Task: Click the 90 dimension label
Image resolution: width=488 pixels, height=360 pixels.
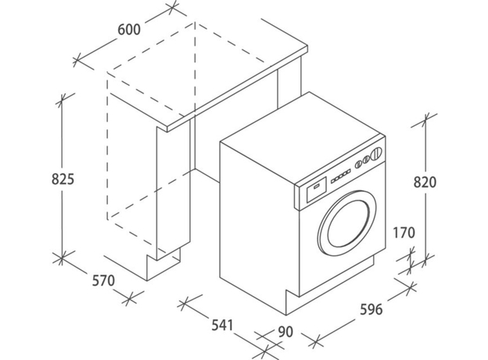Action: pyautogui.click(x=285, y=332)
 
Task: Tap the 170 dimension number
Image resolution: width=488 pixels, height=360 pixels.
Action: pyautogui.click(x=404, y=232)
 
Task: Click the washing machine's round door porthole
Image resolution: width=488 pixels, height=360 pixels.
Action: pyautogui.click(x=347, y=222)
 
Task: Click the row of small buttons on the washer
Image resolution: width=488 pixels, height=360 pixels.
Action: pyautogui.click(x=339, y=176)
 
